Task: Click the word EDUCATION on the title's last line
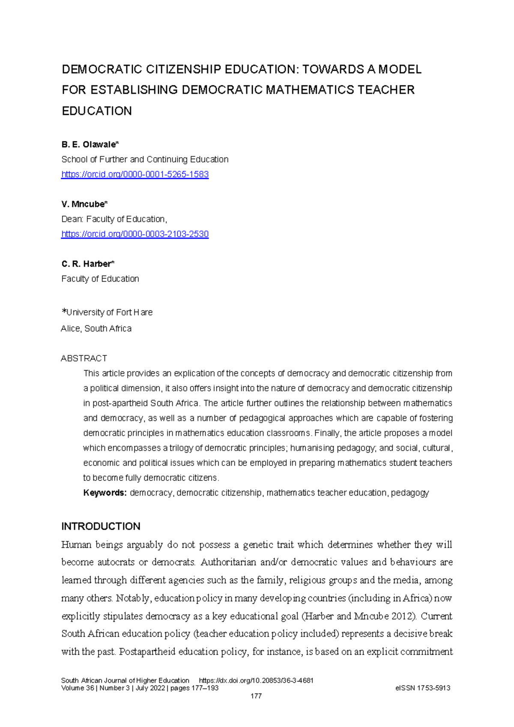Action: point(97,111)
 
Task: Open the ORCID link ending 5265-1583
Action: point(135,174)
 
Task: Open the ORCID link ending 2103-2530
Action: point(135,234)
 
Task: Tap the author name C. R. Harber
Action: point(88,264)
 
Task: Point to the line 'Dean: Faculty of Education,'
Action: point(114,219)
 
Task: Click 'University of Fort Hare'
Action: point(109,312)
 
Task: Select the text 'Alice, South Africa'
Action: point(96,329)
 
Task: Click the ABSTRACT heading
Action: point(84,358)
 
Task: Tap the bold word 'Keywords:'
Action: point(105,493)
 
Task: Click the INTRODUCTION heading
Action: point(101,526)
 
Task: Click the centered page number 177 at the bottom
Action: point(256,696)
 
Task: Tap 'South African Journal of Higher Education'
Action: point(125,680)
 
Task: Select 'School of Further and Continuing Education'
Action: point(145,159)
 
